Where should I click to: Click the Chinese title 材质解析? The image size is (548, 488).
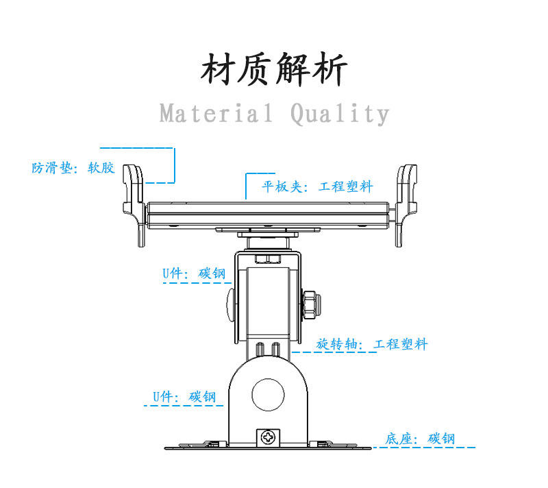tap(274, 70)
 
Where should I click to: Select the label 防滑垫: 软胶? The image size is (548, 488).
tap(73, 168)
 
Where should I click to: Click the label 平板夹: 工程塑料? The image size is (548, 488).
tap(317, 186)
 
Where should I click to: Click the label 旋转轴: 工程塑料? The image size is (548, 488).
tap(372, 344)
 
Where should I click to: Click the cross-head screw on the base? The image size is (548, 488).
tap(269, 436)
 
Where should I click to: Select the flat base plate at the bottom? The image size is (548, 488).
tap(267, 446)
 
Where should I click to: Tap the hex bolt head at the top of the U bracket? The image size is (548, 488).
tap(267, 259)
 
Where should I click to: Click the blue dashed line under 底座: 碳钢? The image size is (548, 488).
tap(425, 448)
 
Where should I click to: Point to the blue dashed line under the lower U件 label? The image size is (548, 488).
tap(184, 406)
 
